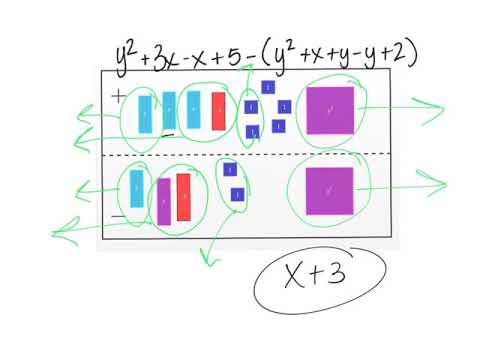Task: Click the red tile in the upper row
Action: point(218,111)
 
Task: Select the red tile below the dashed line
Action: point(184,197)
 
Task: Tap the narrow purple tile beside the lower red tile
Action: point(164,201)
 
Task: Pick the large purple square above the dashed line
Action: point(329,110)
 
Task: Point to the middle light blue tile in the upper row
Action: point(169,111)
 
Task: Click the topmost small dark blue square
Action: point(267,87)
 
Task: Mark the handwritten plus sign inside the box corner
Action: point(118,96)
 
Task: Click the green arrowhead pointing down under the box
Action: point(208,261)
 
